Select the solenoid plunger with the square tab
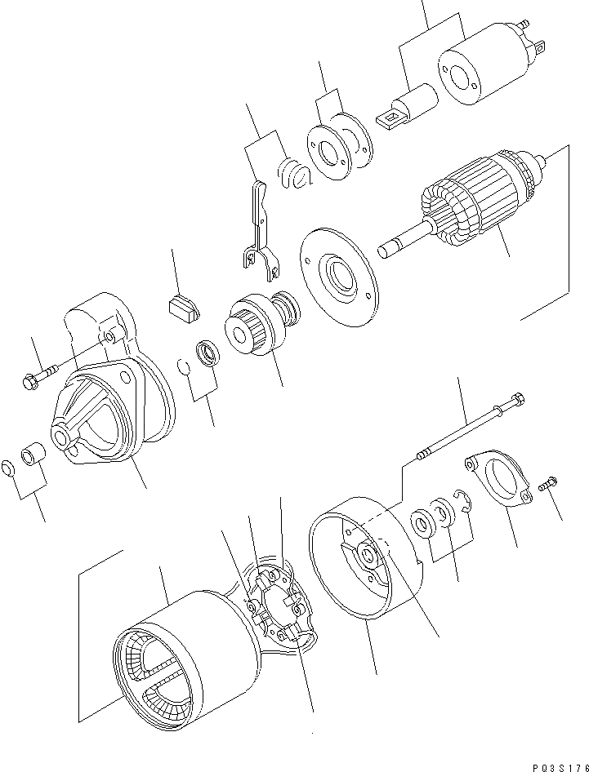408,107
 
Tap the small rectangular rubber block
184,308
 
